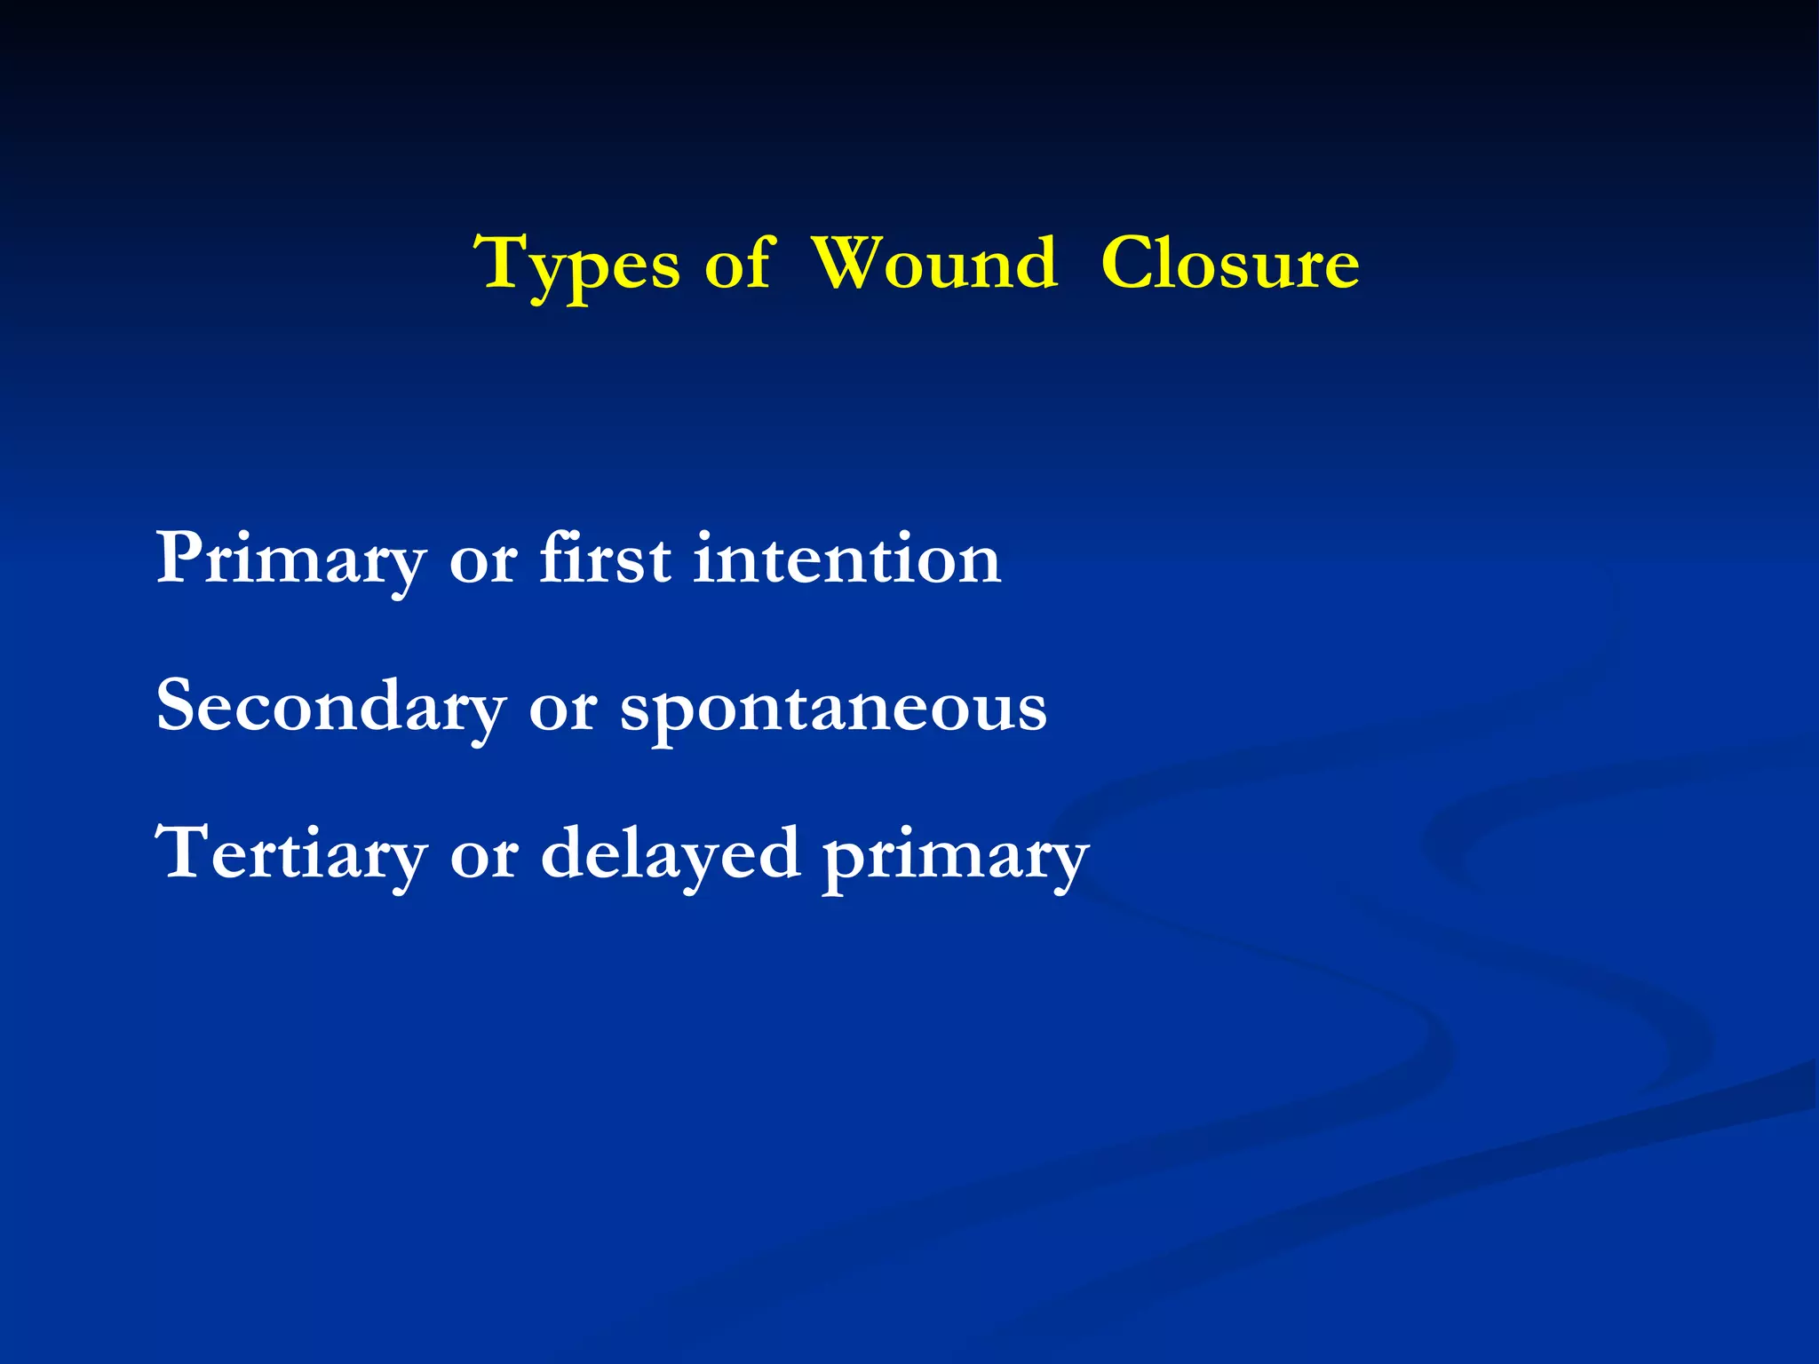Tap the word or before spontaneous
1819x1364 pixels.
[561, 708]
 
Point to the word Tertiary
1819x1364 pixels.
[290, 854]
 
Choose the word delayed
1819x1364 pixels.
[671, 854]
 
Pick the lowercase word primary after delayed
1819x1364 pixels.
[955, 857]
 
